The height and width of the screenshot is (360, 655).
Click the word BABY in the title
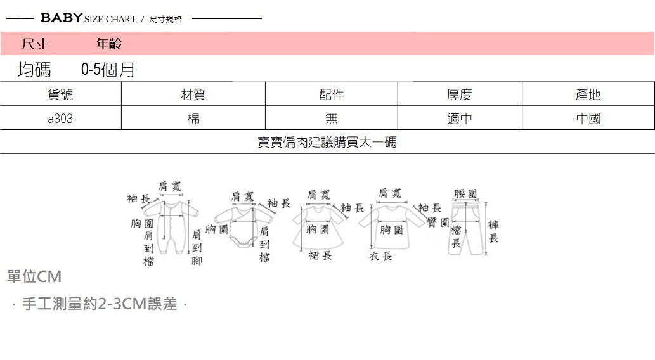pyautogui.click(x=62, y=18)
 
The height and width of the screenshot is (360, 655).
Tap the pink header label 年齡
pyautogui.click(x=108, y=44)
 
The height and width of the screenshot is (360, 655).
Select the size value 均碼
pyautogui.click(x=34, y=70)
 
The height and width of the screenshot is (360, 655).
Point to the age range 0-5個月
pyautogui.click(x=108, y=70)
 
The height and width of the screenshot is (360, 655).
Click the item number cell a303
pyautogui.click(x=60, y=119)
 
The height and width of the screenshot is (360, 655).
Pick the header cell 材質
pyautogui.click(x=193, y=95)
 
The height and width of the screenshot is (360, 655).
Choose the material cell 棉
pyautogui.click(x=193, y=119)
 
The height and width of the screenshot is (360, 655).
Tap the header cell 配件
pyautogui.click(x=331, y=95)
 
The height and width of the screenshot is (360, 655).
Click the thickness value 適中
pyautogui.click(x=459, y=119)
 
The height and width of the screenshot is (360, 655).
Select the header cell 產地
pyautogui.click(x=588, y=95)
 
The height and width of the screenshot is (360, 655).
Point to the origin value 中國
pyautogui.click(x=588, y=119)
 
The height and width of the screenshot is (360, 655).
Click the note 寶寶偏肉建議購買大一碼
pyautogui.click(x=327, y=143)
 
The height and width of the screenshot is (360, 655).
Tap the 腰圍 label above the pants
pyautogui.click(x=466, y=193)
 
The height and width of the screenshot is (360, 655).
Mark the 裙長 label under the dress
pyautogui.click(x=320, y=255)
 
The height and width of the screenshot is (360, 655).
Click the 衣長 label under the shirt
pyautogui.click(x=381, y=256)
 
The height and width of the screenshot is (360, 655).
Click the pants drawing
pyautogui.click(x=467, y=228)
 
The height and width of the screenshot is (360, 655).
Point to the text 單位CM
pyautogui.click(x=34, y=277)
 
